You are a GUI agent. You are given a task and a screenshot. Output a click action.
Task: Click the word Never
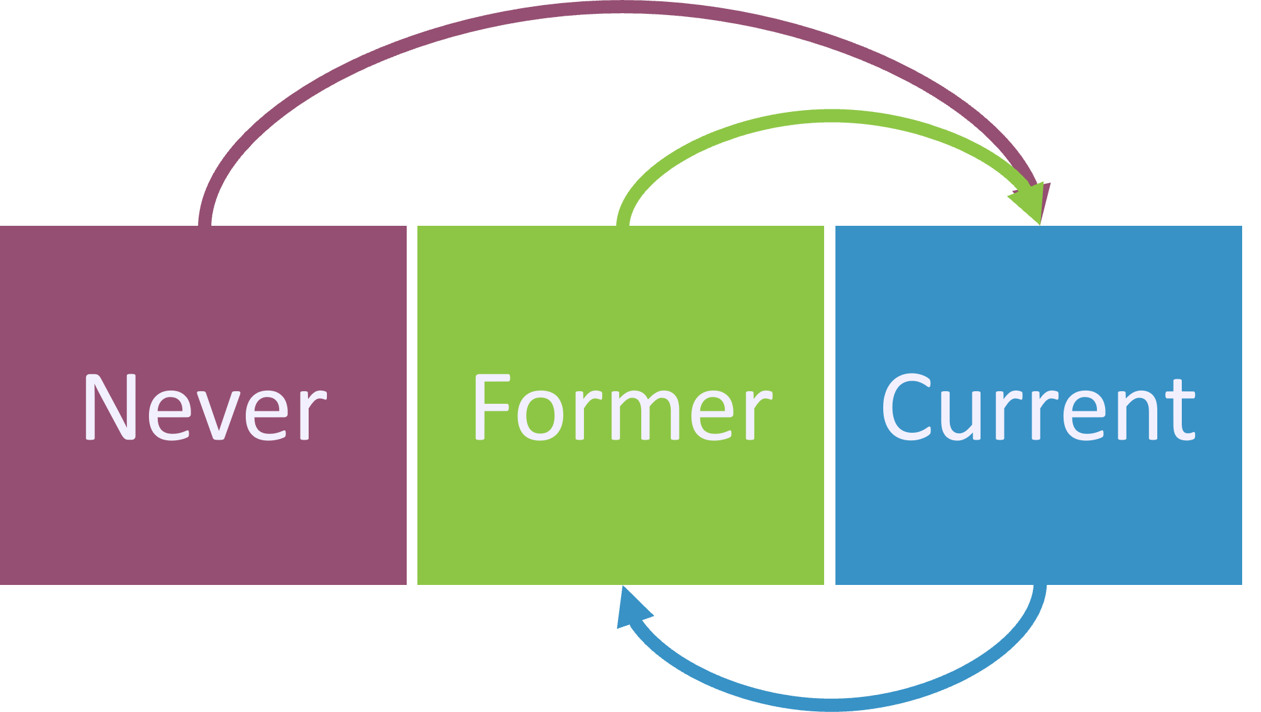[x=205, y=408]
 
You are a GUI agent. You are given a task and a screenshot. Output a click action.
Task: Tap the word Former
[x=622, y=408]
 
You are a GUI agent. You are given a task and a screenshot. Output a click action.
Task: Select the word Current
[x=1038, y=408]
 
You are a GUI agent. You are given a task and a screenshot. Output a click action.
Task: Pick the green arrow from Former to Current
[x=817, y=116]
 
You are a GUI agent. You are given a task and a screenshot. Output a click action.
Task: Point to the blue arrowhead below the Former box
[x=630, y=609]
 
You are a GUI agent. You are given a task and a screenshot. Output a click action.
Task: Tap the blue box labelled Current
[x=1038, y=516]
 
